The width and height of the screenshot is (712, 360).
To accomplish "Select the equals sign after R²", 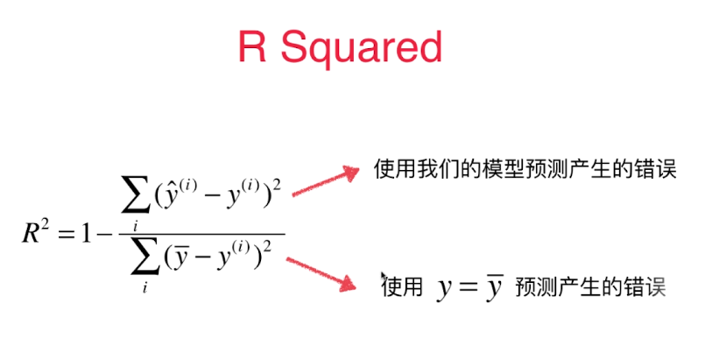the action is pos(69,234).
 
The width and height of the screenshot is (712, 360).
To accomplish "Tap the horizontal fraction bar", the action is pos(201,234).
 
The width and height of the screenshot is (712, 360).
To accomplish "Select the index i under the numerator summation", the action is pos(136,224).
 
